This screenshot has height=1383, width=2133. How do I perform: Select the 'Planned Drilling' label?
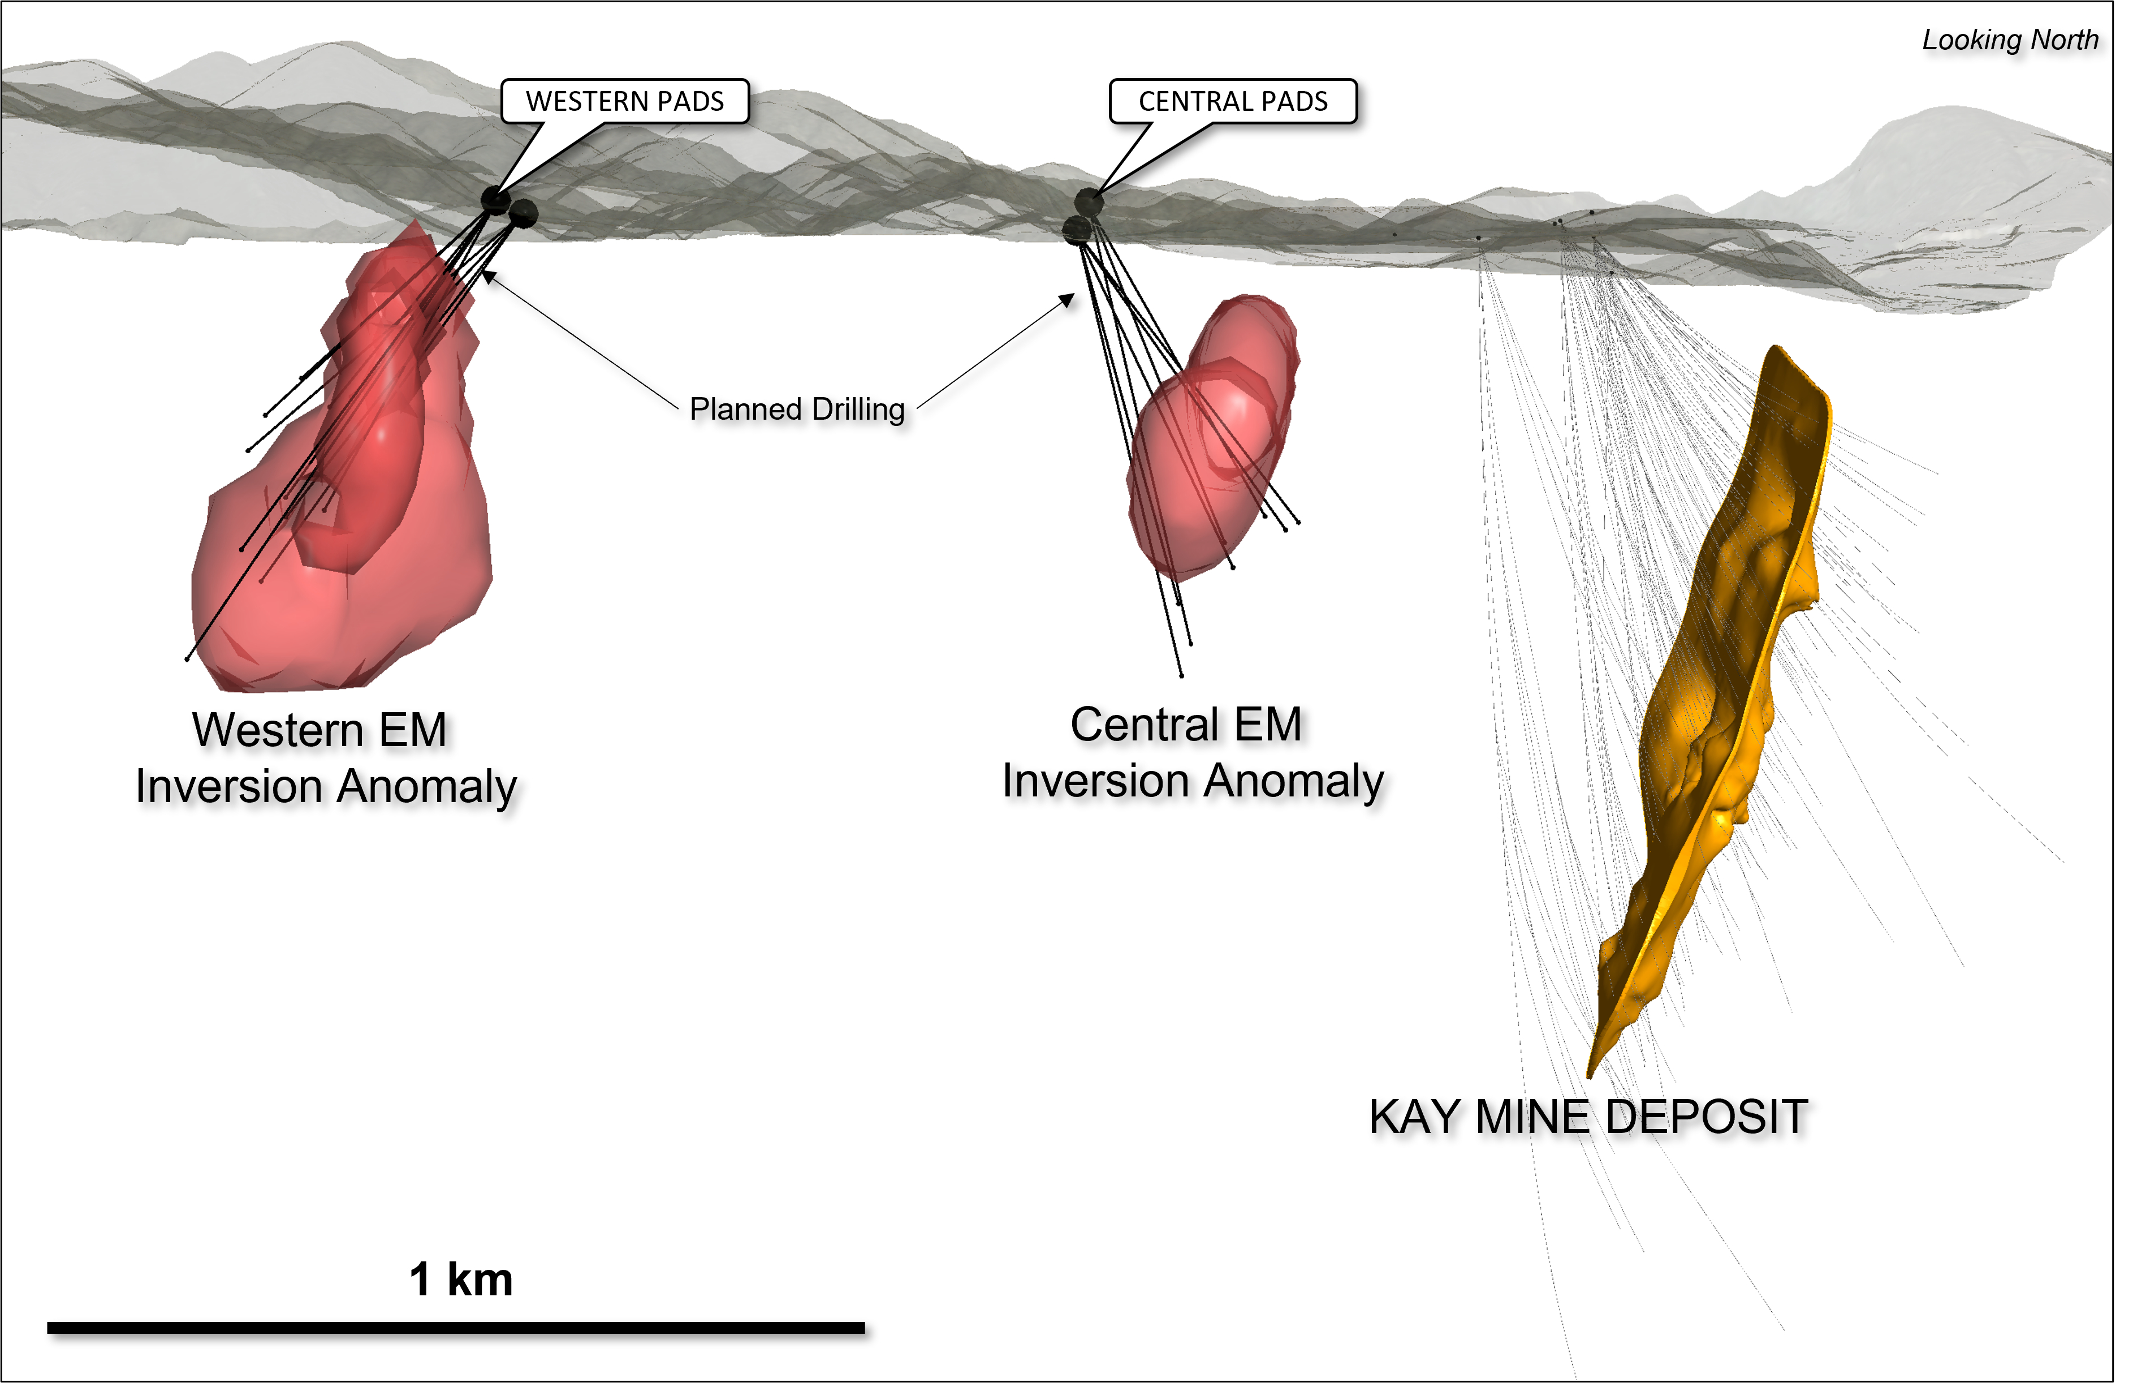coord(797,410)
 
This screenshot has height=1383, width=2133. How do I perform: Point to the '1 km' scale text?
coord(461,1279)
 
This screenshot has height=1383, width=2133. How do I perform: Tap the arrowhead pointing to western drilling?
coord(487,276)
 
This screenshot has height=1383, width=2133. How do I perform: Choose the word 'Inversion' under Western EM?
coord(228,787)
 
